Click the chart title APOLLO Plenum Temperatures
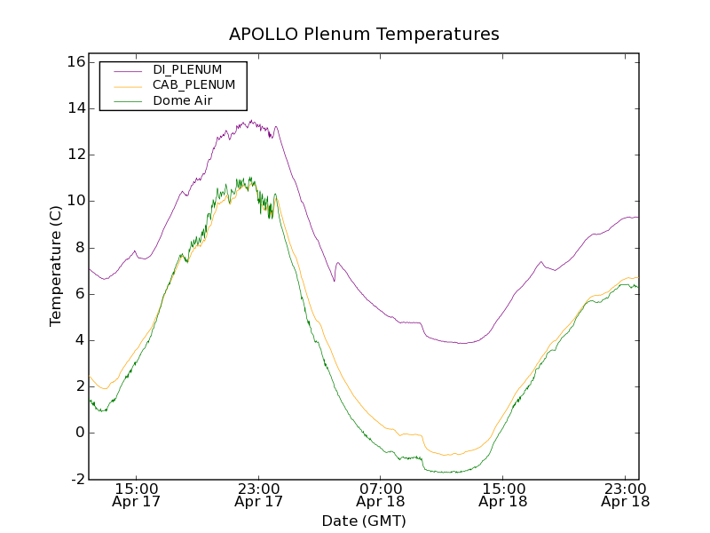click(364, 35)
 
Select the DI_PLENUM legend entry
click(187, 69)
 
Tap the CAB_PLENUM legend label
click(193, 85)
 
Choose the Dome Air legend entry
click(182, 101)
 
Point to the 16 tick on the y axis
click(75, 62)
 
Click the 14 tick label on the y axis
click(75, 108)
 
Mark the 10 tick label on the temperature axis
click(75, 201)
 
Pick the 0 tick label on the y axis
click(79, 433)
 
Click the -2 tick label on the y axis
click(77, 479)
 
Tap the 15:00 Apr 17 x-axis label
click(136, 495)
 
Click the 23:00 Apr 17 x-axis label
click(258, 495)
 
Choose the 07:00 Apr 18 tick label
click(381, 495)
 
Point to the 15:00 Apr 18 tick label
click(503, 495)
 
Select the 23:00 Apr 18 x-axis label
click(625, 495)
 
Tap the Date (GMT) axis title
click(364, 521)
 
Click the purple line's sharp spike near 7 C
click(337, 263)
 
